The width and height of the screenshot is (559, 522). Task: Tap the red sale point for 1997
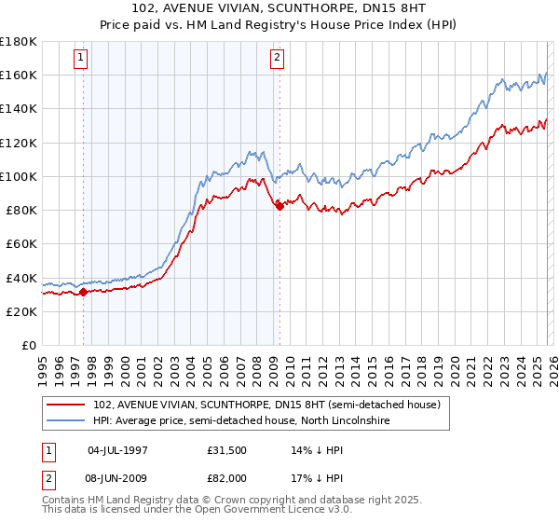tap(83, 292)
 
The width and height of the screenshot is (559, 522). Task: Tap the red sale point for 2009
tap(279, 206)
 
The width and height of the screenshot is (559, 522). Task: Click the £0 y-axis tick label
tap(27, 346)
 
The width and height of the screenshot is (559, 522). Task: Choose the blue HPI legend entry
tap(241, 421)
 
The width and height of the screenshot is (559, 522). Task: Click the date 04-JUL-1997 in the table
tap(116, 451)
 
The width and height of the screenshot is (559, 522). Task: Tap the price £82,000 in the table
tap(227, 478)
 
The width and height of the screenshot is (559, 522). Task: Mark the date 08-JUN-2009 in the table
tap(116, 478)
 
